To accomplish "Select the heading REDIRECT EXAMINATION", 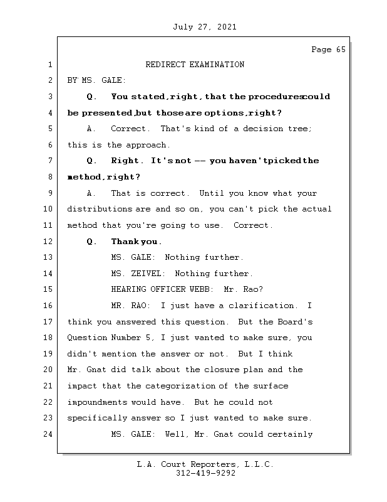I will pos(195,65).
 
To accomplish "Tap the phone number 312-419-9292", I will pos(205,474).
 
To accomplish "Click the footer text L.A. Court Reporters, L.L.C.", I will pos(205,464).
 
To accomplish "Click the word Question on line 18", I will pos(87,338).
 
